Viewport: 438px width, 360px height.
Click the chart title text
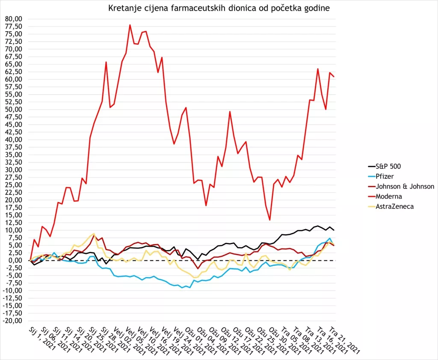219,8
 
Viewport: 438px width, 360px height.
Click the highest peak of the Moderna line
130,25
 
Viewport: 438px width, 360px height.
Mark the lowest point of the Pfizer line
190,288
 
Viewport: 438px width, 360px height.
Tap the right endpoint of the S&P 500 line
334,230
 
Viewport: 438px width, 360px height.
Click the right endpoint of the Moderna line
334,77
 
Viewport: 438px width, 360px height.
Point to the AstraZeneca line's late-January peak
94,233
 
